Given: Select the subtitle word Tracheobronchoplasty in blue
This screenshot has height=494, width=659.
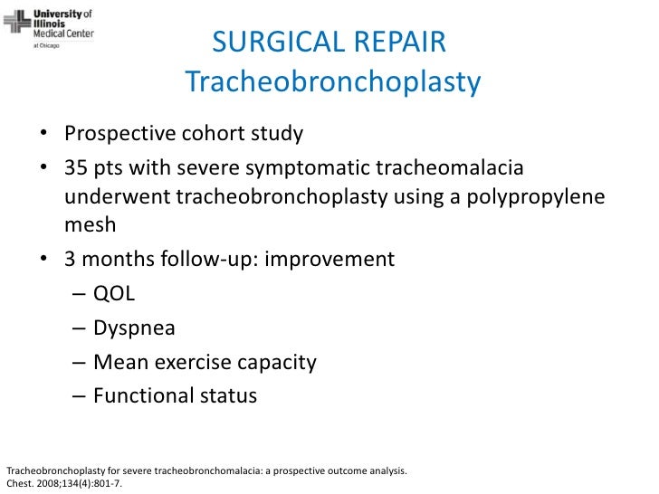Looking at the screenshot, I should (x=332, y=83).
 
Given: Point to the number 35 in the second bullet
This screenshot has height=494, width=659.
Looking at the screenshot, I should (x=75, y=169).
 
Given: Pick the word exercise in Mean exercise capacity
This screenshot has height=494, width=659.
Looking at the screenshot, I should (x=191, y=363).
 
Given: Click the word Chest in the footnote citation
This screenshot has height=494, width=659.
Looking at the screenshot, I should (x=19, y=483).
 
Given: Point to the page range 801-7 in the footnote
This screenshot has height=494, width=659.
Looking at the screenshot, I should (x=103, y=483).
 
